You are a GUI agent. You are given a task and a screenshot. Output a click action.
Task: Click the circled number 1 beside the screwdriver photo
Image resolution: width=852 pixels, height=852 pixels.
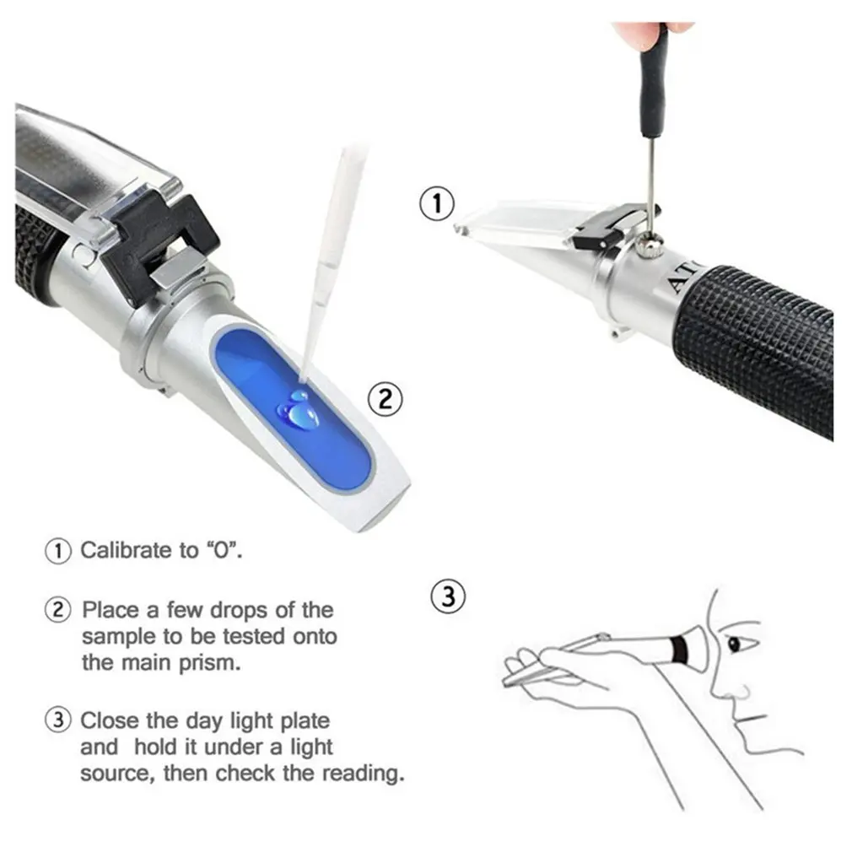click(x=436, y=203)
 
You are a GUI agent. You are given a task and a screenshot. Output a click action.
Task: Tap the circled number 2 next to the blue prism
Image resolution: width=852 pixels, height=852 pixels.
click(x=385, y=398)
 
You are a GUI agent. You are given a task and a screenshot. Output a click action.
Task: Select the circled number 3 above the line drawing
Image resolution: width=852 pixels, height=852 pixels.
click(x=448, y=596)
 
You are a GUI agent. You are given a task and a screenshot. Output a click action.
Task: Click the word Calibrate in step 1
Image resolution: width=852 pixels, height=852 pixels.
click(x=126, y=551)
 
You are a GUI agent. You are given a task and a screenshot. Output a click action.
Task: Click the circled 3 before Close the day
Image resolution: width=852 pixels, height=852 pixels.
click(x=57, y=721)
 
